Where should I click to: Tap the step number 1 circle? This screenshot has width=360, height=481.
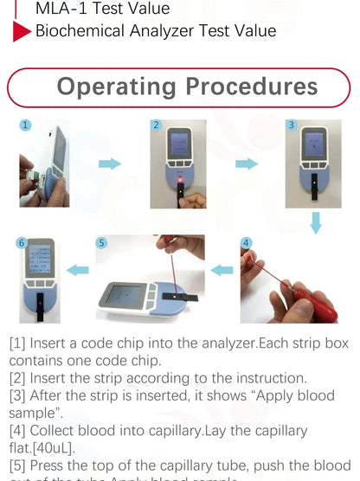(26, 125)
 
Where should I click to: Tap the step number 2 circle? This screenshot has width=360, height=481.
(157, 125)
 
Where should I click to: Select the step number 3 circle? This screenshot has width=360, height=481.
(292, 125)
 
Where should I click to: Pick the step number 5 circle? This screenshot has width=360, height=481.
(101, 243)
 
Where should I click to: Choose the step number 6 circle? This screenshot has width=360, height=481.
(22, 243)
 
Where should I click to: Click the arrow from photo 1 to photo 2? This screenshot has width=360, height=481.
(109, 164)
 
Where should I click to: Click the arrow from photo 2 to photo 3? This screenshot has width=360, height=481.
(247, 163)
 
